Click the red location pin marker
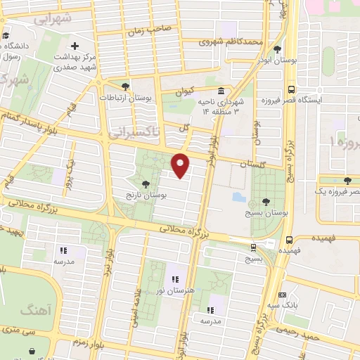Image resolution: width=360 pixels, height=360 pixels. (x=181, y=165)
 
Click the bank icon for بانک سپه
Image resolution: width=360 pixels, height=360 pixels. (x=282, y=295)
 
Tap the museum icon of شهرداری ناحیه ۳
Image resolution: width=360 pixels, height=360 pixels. (x=221, y=92)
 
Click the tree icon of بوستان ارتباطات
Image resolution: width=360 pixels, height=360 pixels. (x=126, y=86)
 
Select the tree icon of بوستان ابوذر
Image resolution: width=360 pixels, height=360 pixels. (x=278, y=49)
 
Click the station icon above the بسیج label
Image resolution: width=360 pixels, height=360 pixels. (x=253, y=246)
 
